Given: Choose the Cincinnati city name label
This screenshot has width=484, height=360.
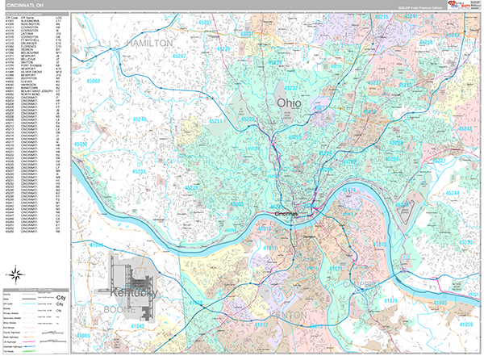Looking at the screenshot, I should tap(286, 213).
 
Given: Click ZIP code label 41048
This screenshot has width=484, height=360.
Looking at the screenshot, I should tap(96, 244).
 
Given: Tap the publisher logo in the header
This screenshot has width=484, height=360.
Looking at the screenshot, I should tap(462, 6).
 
